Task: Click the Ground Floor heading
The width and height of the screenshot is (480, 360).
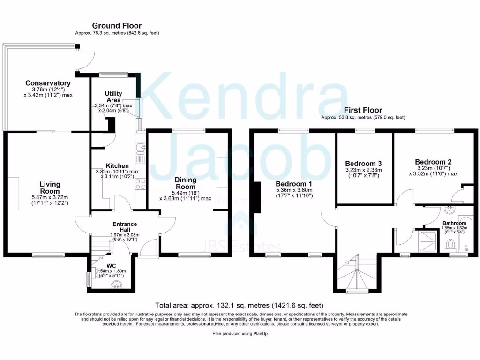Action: (117, 26)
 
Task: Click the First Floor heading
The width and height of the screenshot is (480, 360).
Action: (363, 110)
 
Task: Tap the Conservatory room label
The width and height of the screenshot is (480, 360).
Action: (48, 83)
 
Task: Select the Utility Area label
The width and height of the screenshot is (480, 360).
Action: (113, 97)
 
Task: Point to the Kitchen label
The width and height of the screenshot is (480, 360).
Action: (117, 166)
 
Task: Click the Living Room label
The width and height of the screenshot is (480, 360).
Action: (50, 188)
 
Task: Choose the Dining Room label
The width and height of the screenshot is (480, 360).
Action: (185, 183)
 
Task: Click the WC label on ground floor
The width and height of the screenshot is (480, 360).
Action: (111, 266)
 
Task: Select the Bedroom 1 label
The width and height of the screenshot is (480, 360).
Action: (293, 183)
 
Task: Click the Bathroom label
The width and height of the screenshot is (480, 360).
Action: (453, 223)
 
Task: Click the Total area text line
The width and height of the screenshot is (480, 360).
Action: (240, 305)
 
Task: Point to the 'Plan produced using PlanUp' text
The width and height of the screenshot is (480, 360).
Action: (240, 333)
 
